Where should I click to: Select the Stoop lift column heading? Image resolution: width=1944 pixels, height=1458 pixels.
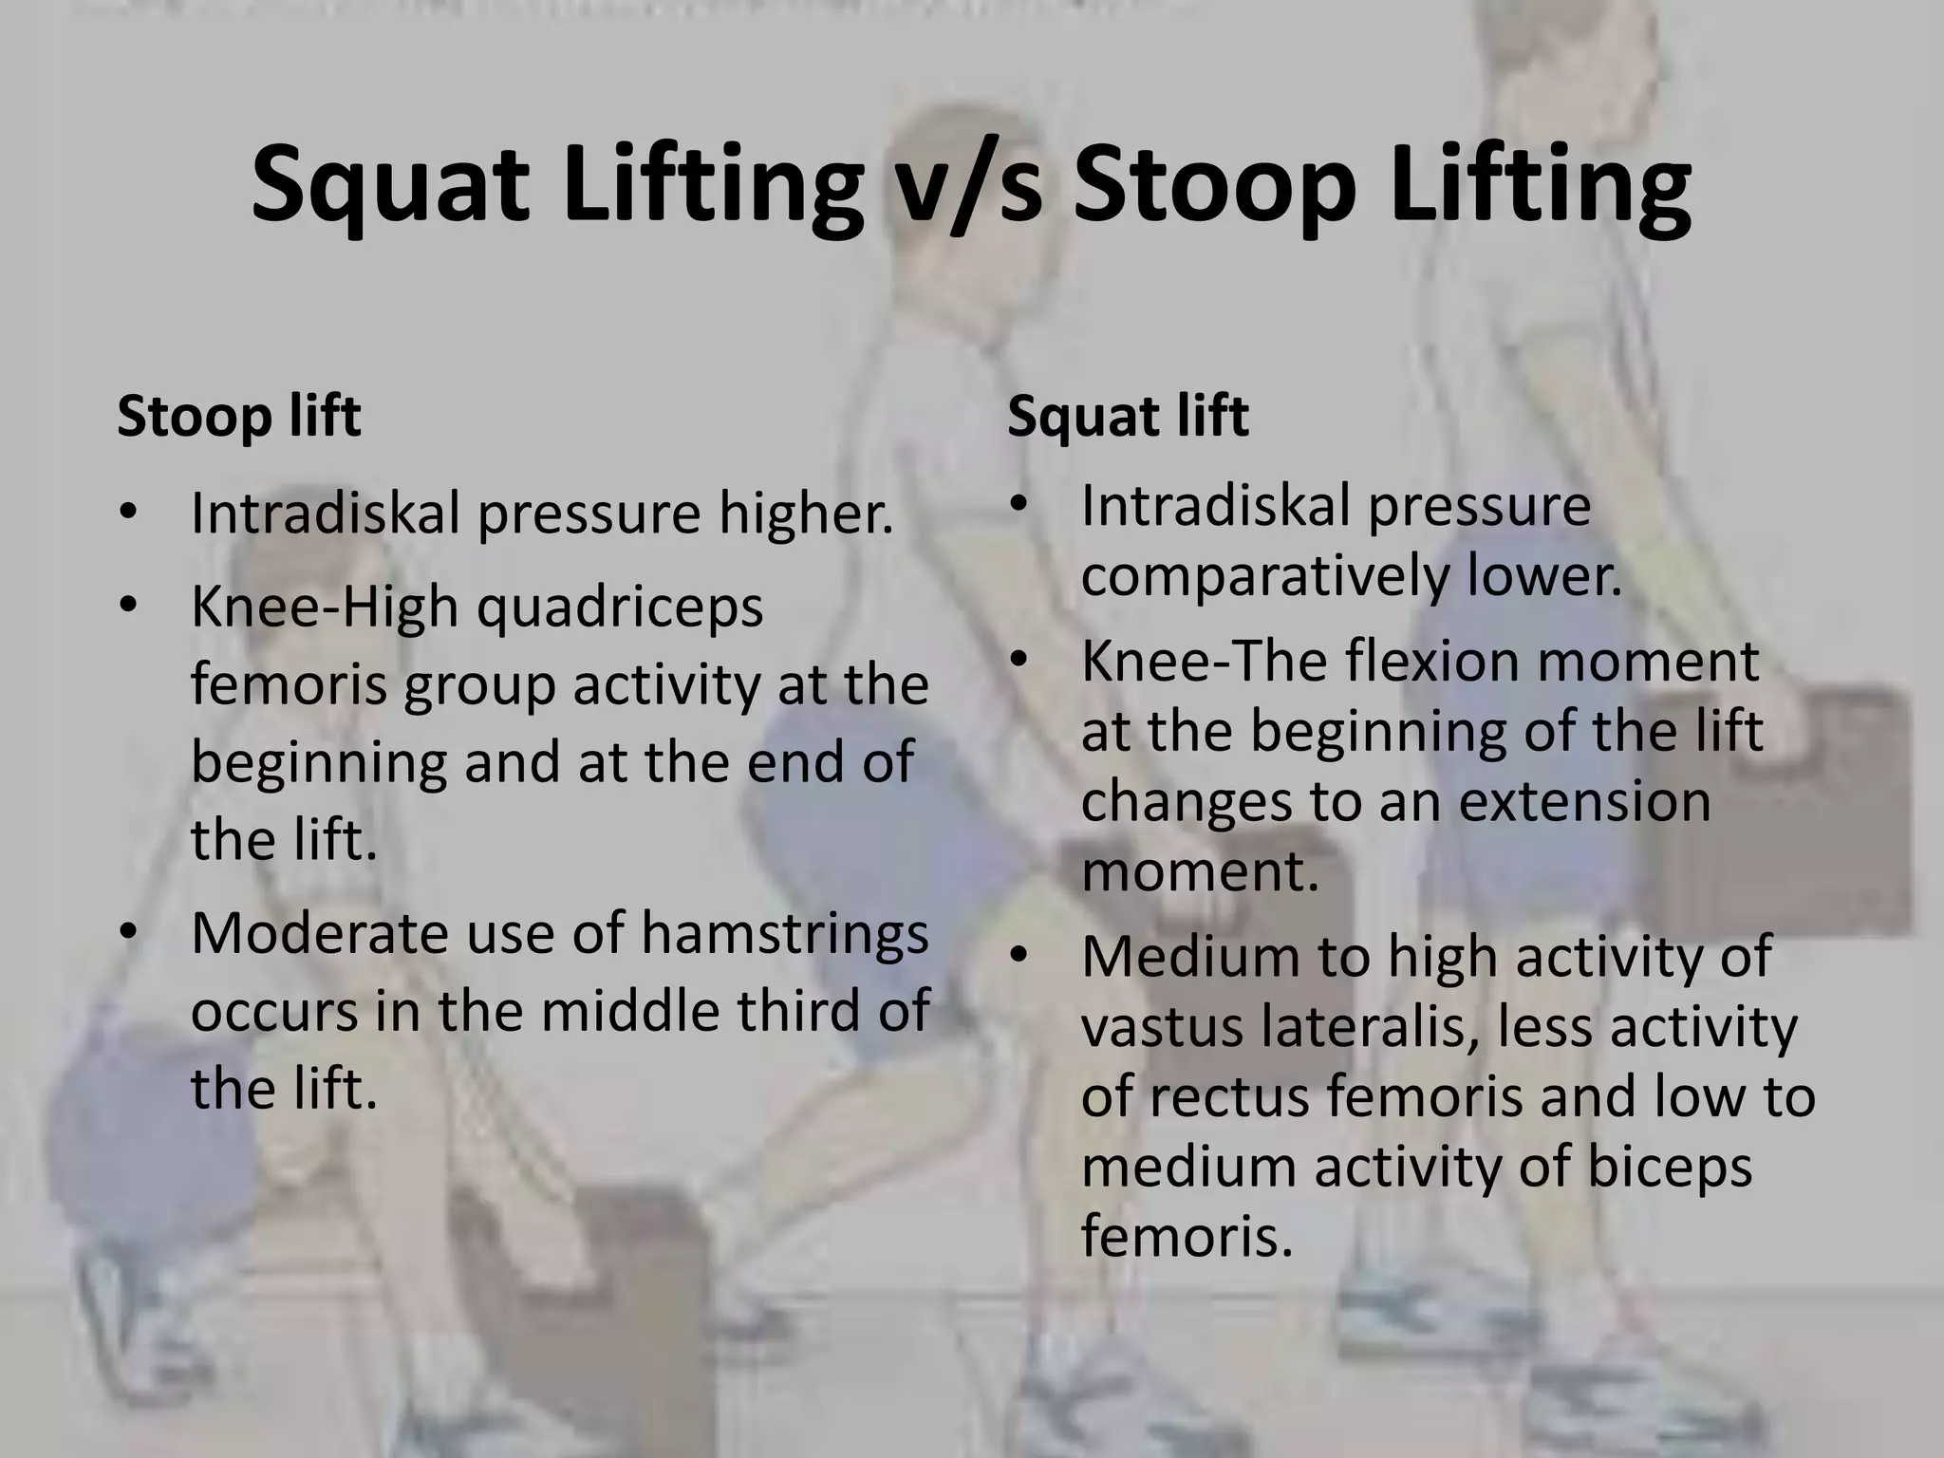pyautogui.click(x=239, y=417)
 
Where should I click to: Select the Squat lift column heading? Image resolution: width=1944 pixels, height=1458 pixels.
pyautogui.click(x=1128, y=417)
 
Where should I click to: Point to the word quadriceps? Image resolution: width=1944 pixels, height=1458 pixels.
pyautogui.click(x=620, y=607)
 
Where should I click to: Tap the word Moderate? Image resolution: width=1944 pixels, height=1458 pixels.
pyautogui.click(x=318, y=934)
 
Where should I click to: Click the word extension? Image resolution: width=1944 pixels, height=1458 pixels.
pyautogui.click(x=1584, y=801)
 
